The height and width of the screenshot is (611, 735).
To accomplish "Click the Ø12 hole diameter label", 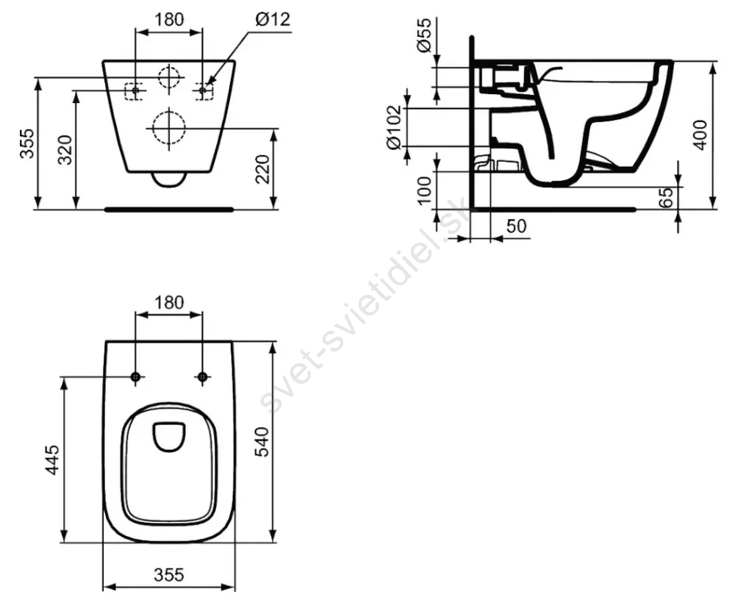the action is point(273,19).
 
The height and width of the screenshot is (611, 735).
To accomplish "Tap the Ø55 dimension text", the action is point(423,35).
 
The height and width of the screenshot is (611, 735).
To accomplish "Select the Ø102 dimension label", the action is point(394,127).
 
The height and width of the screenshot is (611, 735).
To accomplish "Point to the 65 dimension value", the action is point(666,197).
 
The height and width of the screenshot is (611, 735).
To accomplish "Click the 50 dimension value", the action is point(516,226).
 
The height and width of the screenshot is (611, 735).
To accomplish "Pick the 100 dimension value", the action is point(424,190).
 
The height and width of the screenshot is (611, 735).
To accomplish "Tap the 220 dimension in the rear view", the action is point(263,169).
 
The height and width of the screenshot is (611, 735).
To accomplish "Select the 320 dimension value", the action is point(65,150).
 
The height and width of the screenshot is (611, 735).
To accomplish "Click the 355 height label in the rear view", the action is point(27,143).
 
